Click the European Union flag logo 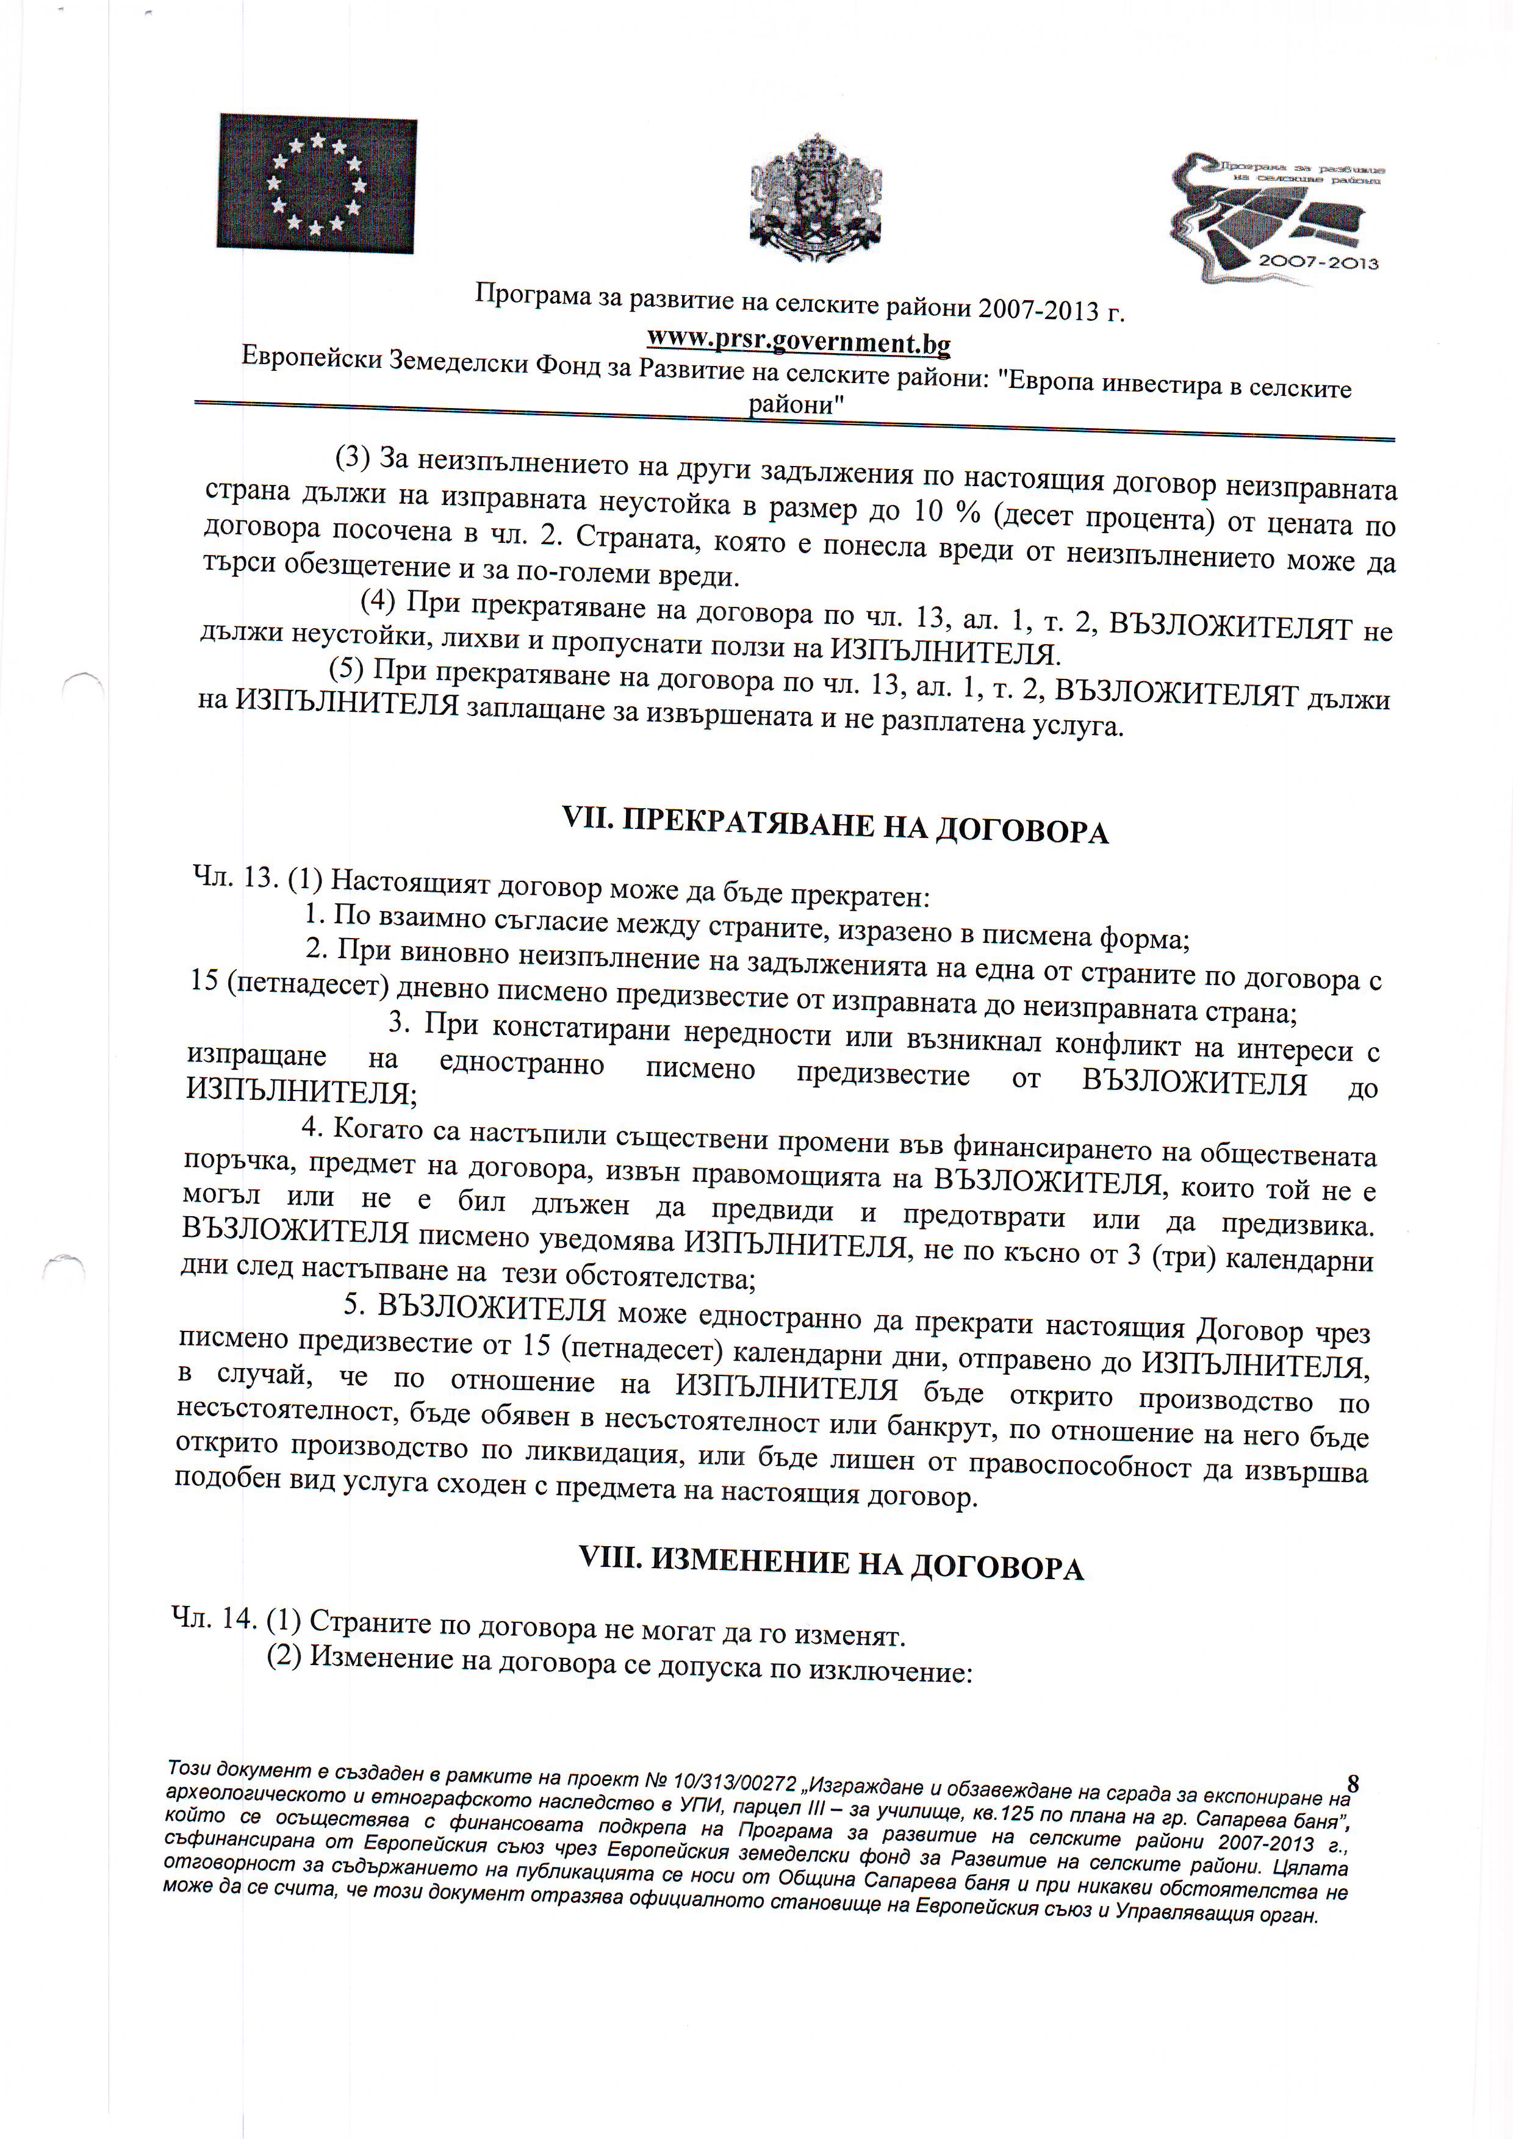pyautogui.click(x=317, y=184)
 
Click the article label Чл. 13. pyautogui.click(x=235, y=878)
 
